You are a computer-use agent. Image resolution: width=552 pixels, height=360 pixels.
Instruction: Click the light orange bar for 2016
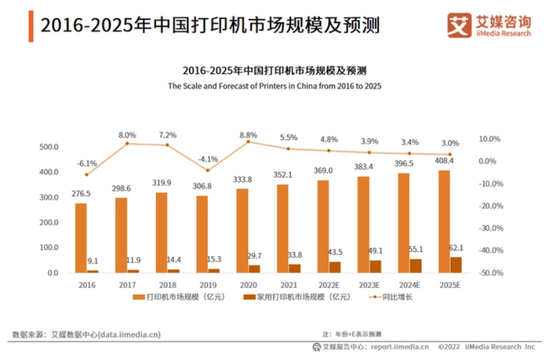pos(81,238)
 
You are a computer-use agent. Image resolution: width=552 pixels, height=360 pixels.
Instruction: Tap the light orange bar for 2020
pos(242,230)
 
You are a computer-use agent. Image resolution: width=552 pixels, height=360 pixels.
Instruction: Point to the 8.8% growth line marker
pos(248,141)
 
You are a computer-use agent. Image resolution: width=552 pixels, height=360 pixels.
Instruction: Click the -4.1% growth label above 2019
pos(207,159)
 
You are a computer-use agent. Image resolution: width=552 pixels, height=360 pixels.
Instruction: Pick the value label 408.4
pos(443,161)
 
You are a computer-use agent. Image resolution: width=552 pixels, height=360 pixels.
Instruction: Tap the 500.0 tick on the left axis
pos(48,147)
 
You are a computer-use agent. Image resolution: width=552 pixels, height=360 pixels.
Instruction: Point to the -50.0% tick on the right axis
pos(490,272)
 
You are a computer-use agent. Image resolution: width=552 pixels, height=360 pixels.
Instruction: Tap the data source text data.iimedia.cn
pos(130,334)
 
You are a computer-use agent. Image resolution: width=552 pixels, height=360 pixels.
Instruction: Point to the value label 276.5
pos(81,194)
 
